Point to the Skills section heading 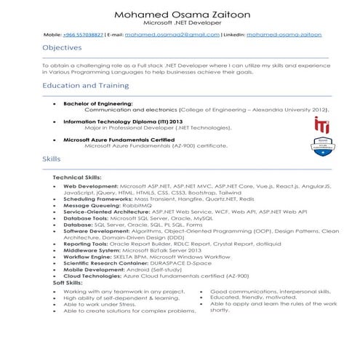pyautogui.click(x=52, y=159)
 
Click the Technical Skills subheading pyautogui.click(x=77, y=177)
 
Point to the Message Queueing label pyautogui.click(x=90, y=205)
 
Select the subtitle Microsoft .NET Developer pyautogui.click(x=180, y=23)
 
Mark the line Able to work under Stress pyautogui.click(x=101, y=304)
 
